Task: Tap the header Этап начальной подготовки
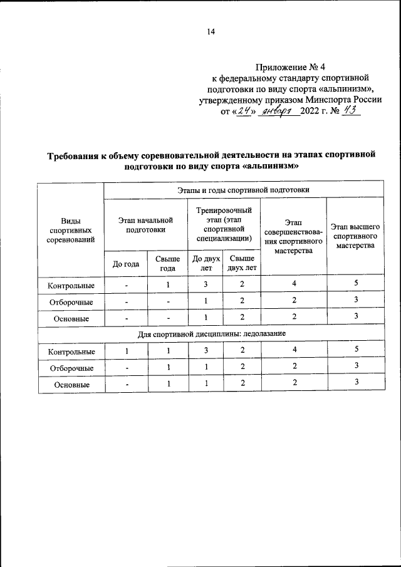145,225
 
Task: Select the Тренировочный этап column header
224,224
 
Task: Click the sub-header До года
125,264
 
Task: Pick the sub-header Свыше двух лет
241,263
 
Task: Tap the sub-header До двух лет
206,263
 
